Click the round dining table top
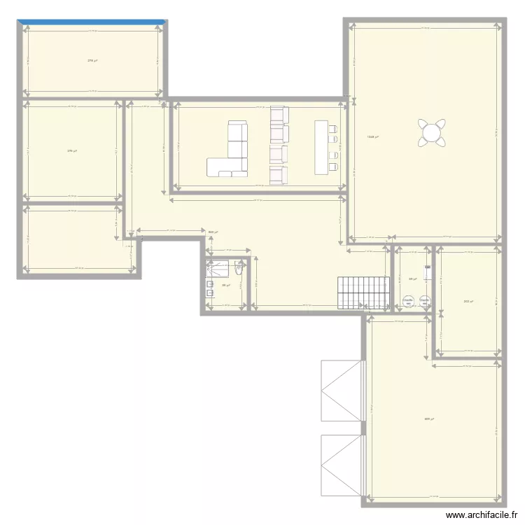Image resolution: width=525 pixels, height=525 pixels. [x=430, y=132]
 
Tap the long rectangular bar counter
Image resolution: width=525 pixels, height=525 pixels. [x=322, y=146]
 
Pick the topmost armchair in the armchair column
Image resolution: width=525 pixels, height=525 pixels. [x=279, y=114]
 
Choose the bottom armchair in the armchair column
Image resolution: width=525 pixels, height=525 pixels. [x=279, y=174]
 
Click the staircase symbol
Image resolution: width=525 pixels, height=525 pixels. [x=363, y=293]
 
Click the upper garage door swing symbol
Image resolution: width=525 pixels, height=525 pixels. [x=342, y=391]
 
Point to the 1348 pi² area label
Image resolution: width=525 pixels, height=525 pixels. [x=372, y=137]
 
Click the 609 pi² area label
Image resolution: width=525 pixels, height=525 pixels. [x=428, y=419]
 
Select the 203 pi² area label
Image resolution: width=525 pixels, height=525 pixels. [x=468, y=302]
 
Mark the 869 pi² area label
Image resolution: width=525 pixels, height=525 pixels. [x=213, y=232]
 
